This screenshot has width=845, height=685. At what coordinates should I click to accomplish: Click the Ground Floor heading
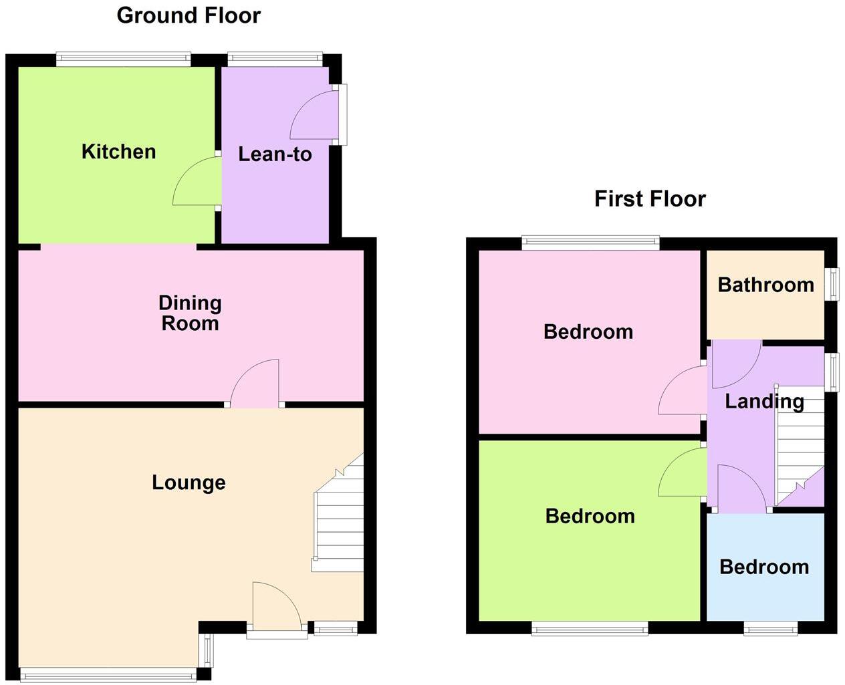(x=189, y=15)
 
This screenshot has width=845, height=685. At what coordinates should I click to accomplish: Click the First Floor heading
(x=650, y=198)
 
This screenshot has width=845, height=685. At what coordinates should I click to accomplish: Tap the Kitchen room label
(x=119, y=152)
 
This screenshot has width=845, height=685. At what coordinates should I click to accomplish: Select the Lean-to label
(x=275, y=154)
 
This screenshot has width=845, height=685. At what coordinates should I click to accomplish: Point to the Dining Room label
(x=190, y=313)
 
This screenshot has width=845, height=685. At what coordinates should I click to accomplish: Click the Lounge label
(x=189, y=483)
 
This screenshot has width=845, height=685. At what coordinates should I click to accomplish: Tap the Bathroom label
(x=765, y=285)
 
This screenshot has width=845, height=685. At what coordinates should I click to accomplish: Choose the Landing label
(x=764, y=401)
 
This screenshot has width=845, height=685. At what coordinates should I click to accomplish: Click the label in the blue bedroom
(x=764, y=567)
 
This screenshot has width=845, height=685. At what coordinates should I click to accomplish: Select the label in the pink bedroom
(x=588, y=331)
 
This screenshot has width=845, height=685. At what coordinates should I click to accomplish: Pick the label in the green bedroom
(x=590, y=516)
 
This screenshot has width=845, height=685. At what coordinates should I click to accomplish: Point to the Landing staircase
(x=798, y=444)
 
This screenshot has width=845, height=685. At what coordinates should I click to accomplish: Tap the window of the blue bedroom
(x=771, y=628)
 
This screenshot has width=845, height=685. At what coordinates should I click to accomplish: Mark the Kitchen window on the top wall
(x=124, y=59)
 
